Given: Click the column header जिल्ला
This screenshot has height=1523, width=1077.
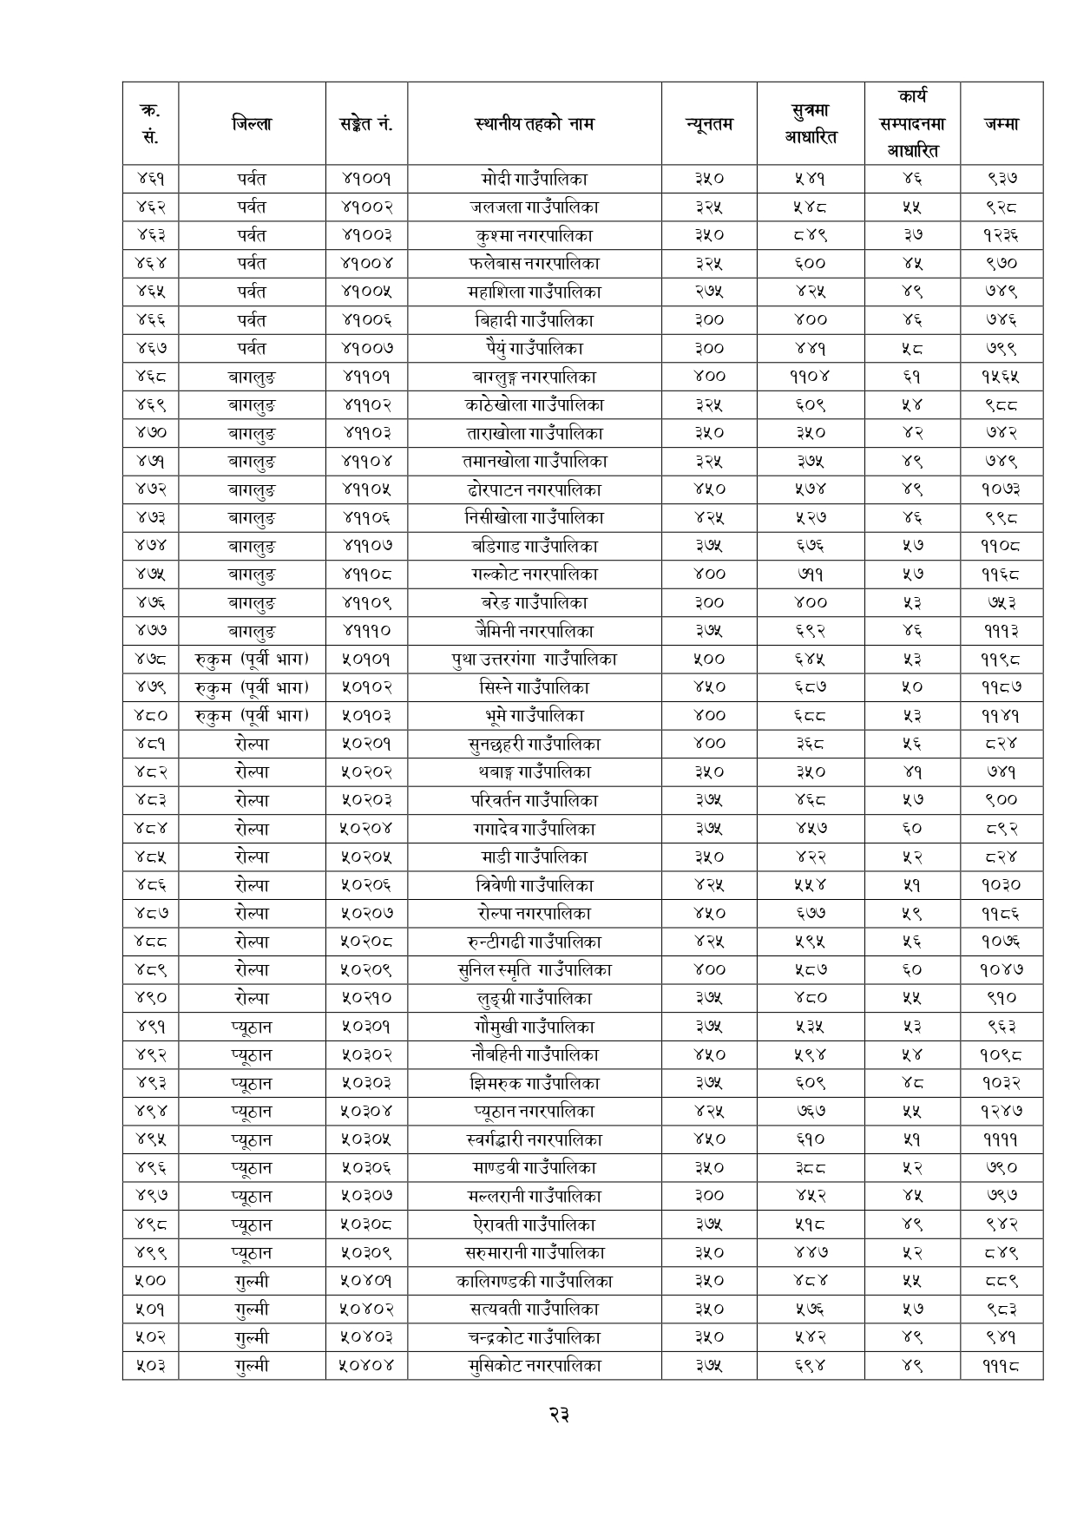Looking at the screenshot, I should click(252, 123).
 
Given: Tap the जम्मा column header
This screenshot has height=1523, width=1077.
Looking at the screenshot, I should click(1001, 123).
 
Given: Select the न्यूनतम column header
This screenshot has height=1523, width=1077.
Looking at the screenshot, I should click(708, 123).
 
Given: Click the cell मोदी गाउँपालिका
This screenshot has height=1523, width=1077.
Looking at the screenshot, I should click(534, 179).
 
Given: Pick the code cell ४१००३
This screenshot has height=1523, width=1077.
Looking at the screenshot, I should click(366, 235).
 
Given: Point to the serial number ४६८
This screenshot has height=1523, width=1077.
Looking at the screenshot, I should click(150, 377).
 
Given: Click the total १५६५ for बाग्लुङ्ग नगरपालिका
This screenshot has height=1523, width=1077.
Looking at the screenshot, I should click(1001, 377).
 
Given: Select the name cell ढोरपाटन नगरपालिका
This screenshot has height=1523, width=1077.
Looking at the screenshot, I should click(534, 489).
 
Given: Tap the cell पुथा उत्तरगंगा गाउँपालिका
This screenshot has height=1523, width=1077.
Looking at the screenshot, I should click(534, 659).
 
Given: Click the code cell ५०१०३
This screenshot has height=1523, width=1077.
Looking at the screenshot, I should click(366, 715).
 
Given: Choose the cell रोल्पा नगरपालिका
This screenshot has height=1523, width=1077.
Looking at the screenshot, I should click(534, 913).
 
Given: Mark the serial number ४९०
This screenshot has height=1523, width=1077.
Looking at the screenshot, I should click(150, 998).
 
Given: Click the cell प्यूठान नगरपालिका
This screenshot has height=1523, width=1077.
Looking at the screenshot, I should click(534, 1111).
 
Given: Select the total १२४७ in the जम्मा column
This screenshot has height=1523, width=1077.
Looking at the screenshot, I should click(1001, 1111).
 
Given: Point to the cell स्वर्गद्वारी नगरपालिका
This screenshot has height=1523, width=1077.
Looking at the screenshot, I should click(534, 1139).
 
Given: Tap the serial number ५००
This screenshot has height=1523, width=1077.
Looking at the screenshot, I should click(150, 1281).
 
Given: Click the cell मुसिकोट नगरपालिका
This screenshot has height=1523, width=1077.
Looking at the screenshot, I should click(534, 1365).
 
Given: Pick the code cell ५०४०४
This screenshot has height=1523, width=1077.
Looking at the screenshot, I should click(366, 1365).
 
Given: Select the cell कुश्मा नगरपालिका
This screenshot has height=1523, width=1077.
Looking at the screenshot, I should click(534, 235).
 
